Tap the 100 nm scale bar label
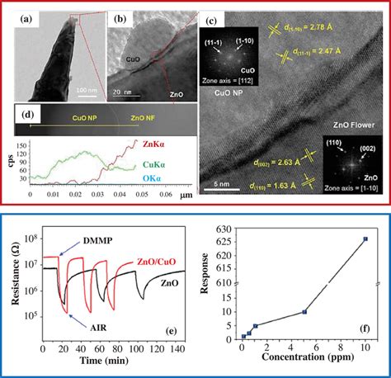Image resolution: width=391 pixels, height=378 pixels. point(85,88)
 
